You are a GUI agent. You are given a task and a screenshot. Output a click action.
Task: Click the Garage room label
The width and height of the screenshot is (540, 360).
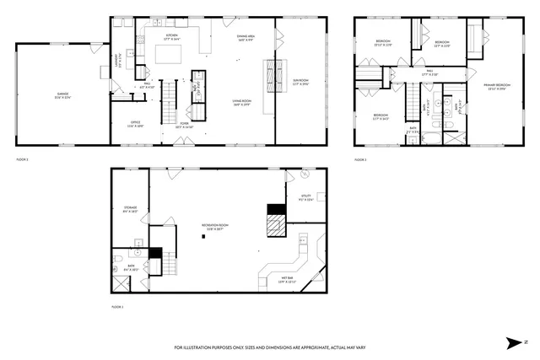62,95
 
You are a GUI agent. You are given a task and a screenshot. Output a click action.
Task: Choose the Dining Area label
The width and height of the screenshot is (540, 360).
246,38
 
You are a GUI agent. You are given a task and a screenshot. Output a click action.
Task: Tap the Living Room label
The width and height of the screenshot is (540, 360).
244,103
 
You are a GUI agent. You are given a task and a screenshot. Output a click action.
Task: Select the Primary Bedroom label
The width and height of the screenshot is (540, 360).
496,87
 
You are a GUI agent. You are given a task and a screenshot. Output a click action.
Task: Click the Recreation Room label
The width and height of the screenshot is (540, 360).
216,226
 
